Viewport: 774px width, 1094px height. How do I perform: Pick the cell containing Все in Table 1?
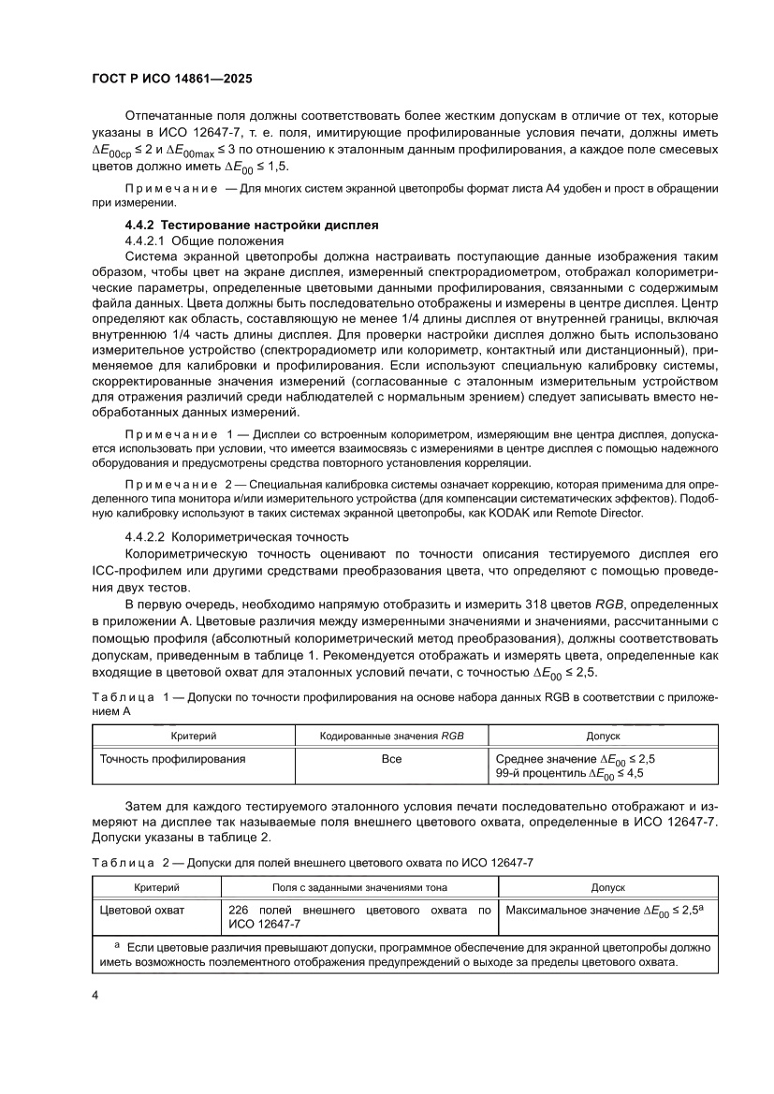pyautogui.click(x=391, y=759)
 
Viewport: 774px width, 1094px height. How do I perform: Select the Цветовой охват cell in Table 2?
pyautogui.click(x=142, y=909)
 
